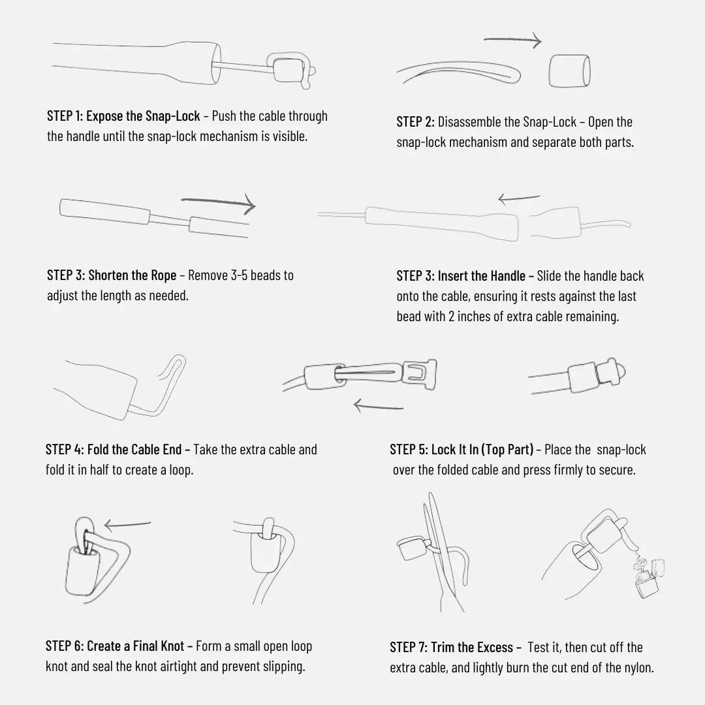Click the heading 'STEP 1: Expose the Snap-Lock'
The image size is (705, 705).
click(123, 116)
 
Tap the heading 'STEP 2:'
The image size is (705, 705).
click(415, 122)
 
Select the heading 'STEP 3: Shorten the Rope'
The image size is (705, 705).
click(112, 275)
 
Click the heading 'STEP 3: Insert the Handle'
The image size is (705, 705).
click(461, 275)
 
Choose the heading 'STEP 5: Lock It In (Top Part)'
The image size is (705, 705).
click(462, 450)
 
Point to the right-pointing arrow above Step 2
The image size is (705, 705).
click(512, 40)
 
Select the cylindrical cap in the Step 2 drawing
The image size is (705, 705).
click(569, 70)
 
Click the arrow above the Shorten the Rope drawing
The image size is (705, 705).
click(218, 203)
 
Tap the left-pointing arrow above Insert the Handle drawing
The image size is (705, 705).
click(519, 198)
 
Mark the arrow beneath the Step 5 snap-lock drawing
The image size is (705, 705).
click(378, 407)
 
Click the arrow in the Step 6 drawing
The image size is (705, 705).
click(127, 524)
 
